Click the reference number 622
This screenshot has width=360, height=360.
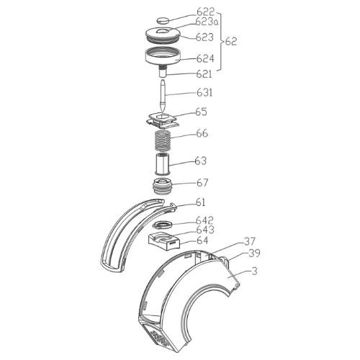pos(205,12)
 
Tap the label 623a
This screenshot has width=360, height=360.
pos(207,22)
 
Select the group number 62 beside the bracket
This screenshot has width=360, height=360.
pos(231,42)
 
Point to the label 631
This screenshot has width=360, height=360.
pos(204,92)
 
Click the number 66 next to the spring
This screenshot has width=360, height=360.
pos(202,133)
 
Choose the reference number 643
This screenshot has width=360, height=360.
pos(205,230)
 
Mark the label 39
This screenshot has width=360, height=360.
pos(254,253)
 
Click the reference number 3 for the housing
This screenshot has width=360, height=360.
pos(254,271)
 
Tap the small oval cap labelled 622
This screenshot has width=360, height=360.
pos(163,20)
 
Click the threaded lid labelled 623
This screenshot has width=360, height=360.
pos(163,35)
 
